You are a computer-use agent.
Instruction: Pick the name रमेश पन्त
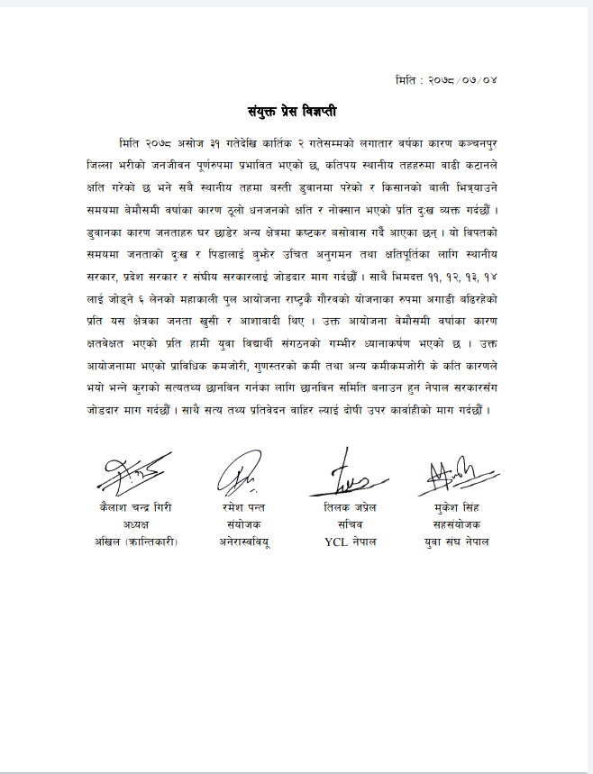coord(243,507)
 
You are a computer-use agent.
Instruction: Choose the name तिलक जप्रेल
coord(350,507)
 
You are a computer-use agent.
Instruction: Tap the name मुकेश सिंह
coord(456,507)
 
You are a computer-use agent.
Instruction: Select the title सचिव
coord(350,524)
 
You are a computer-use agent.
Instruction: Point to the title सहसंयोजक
coord(456,524)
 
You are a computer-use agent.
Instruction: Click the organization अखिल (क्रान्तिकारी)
coord(136,542)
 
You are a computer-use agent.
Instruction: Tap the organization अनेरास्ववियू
coord(243,542)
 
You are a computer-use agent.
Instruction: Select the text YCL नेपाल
coord(350,542)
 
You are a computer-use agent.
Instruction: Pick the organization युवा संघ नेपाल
coord(456,542)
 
